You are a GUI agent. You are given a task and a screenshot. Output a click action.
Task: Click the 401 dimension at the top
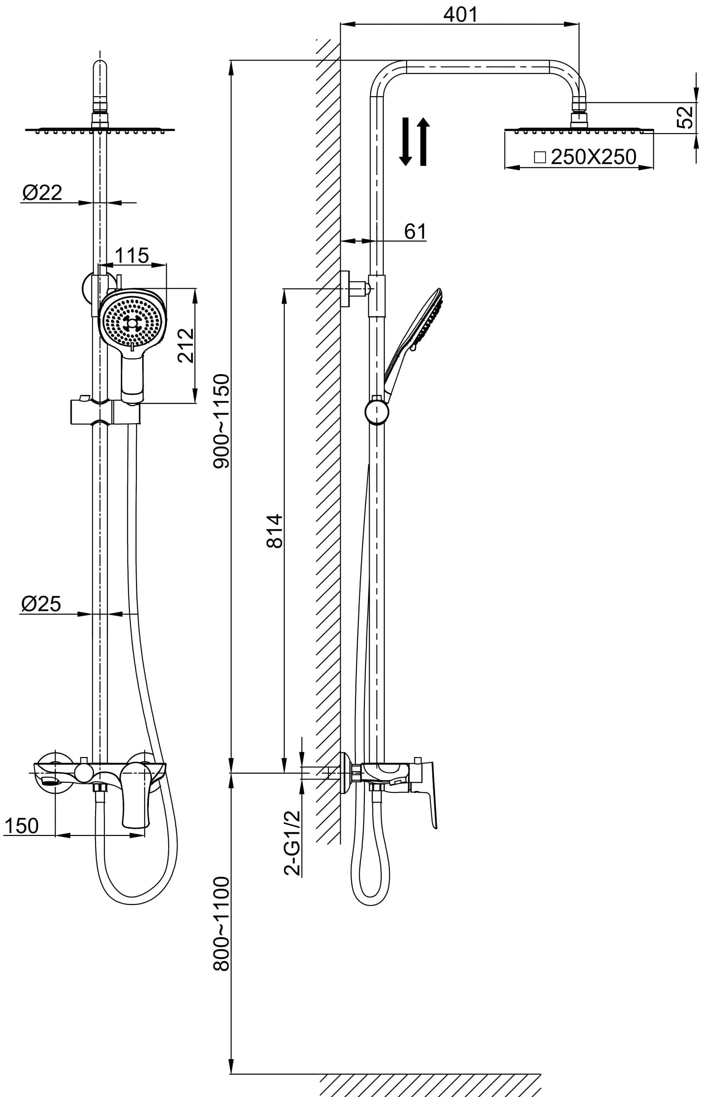pyautogui.click(x=460, y=14)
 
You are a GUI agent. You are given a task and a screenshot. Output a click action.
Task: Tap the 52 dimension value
pyautogui.click(x=686, y=117)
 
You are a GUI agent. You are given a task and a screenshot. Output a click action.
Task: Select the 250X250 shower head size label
pyautogui.click(x=593, y=157)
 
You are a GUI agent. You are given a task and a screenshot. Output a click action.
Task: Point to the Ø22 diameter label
pyautogui.click(x=42, y=193)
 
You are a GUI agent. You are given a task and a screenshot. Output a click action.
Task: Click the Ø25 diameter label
pyautogui.click(x=41, y=604)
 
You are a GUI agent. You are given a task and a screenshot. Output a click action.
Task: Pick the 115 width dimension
pyautogui.click(x=132, y=256)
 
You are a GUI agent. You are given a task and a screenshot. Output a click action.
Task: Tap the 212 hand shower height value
pyautogui.click(x=186, y=346)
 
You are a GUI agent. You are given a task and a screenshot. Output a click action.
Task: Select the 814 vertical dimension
pyautogui.click(x=275, y=531)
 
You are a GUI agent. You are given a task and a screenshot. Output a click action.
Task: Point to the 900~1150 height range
pyautogui.click(x=221, y=421)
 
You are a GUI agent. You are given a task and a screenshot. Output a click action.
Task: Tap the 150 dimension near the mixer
pyautogui.click(x=21, y=826)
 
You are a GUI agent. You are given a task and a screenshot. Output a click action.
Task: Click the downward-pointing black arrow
pyautogui.click(x=405, y=141)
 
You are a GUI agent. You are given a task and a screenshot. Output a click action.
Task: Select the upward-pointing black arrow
pyautogui.click(x=423, y=141)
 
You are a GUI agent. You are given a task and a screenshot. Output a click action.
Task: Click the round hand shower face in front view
pyautogui.click(x=132, y=323)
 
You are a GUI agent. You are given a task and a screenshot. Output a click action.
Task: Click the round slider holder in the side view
pyautogui.click(x=377, y=412)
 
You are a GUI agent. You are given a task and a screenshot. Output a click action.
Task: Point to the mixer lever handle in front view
pyautogui.click(x=136, y=801)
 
